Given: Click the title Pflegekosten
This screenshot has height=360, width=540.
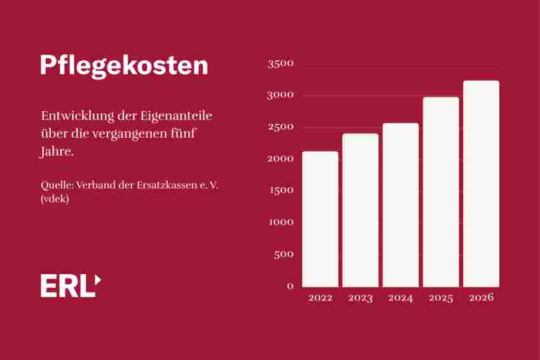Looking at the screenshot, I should pyautogui.click(x=124, y=66).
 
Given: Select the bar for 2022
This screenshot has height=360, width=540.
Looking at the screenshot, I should pyautogui.click(x=320, y=219).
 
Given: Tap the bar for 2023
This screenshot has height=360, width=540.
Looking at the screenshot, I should pyautogui.click(x=360, y=210).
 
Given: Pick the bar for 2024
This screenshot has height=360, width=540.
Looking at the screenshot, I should pyautogui.click(x=400, y=205).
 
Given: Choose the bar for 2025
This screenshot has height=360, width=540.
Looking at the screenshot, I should pyautogui.click(x=441, y=192).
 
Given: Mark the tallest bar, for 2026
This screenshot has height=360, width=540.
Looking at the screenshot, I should pyautogui.click(x=481, y=183).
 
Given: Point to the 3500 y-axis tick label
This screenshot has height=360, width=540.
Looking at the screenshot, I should pyautogui.click(x=281, y=63).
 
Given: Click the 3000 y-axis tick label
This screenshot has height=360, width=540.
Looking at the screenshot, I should pyautogui.click(x=281, y=95).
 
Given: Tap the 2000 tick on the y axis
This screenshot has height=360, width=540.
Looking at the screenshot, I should pyautogui.click(x=281, y=159).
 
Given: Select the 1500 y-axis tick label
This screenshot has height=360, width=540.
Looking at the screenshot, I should pyautogui.click(x=281, y=190).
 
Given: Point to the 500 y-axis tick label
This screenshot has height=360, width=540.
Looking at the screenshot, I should pyautogui.click(x=283, y=254).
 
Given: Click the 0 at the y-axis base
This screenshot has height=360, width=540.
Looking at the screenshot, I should pyautogui.click(x=290, y=286).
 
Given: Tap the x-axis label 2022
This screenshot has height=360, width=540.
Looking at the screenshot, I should pyautogui.click(x=320, y=298).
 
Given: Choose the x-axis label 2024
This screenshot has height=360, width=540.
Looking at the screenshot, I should pyautogui.click(x=400, y=298).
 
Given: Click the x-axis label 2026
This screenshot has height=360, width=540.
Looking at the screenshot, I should pyautogui.click(x=481, y=298).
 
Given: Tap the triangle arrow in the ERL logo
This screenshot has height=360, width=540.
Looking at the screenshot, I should pyautogui.click(x=97, y=279).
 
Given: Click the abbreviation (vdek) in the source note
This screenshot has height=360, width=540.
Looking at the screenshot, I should pyautogui.click(x=55, y=199).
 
